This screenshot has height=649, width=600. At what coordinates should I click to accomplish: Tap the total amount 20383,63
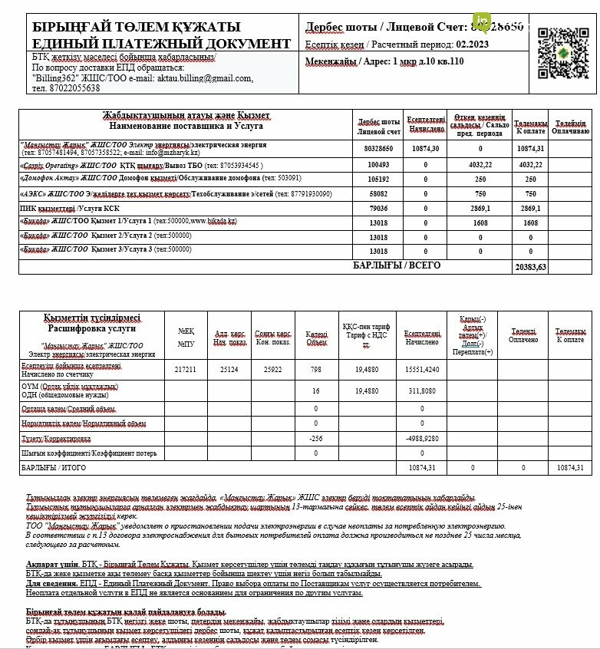pyautogui.click(x=530, y=267)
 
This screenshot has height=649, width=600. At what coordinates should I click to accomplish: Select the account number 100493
pyautogui.click(x=378, y=164)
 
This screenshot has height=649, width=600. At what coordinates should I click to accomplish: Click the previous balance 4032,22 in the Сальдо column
pyautogui.click(x=480, y=164)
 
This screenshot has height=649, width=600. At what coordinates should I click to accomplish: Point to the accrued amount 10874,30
pyautogui.click(x=425, y=148)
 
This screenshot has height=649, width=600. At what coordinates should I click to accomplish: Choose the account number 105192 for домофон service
pyautogui.click(x=378, y=179)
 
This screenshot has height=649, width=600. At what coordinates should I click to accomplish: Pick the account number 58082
pyautogui.click(x=378, y=194)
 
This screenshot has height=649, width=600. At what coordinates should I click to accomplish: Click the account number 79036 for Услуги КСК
pyautogui.click(x=378, y=209)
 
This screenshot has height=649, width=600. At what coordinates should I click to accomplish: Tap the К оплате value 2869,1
pyautogui.click(x=530, y=209)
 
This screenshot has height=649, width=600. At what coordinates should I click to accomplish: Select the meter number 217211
pyautogui.click(x=186, y=369)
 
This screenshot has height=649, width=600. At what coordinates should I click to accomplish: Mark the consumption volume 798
pyautogui.click(x=315, y=369)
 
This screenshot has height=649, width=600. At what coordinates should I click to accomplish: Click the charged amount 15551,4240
pyautogui.click(x=422, y=369)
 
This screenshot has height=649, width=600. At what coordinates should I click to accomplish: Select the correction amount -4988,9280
pyautogui.click(x=421, y=439)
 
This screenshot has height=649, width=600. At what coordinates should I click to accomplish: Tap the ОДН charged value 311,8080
pyautogui.click(x=422, y=391)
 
